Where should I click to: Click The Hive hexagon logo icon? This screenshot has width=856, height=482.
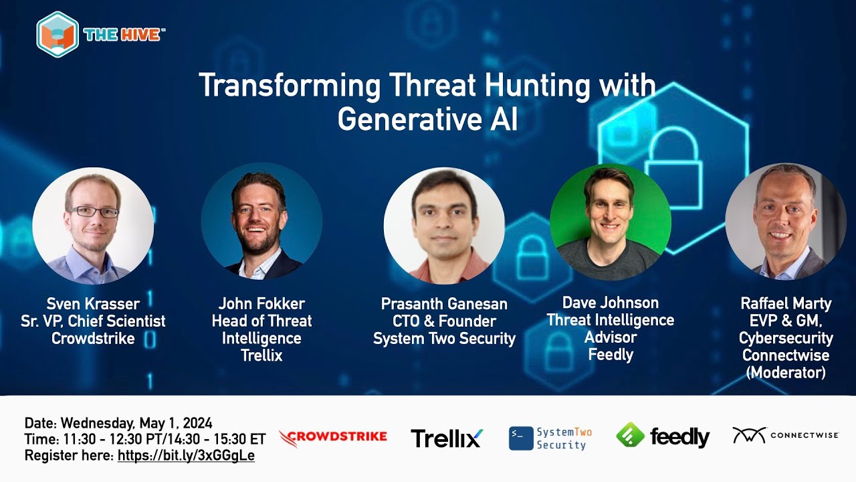pyautogui.click(x=58, y=34)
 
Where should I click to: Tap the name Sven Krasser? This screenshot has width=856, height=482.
pyautogui.click(x=93, y=305)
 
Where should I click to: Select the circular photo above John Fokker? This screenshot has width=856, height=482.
pyautogui.click(x=261, y=222)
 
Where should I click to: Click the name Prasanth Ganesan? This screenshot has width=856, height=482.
pyautogui.click(x=444, y=304)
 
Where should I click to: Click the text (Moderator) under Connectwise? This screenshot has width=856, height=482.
pyautogui.click(x=786, y=373)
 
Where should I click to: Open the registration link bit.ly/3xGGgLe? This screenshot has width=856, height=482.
pyautogui.click(x=186, y=456)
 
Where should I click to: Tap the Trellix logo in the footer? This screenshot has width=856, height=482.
pyautogui.click(x=447, y=438)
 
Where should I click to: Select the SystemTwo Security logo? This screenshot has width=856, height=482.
pyautogui.click(x=550, y=438)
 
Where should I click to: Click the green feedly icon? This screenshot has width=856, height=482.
pyautogui.click(x=630, y=436)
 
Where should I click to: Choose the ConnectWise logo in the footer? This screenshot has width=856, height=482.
pyautogui.click(x=786, y=435)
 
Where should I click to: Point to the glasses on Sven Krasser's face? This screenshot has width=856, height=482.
pyautogui.click(x=94, y=212)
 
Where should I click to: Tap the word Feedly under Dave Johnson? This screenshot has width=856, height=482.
pyautogui.click(x=610, y=355)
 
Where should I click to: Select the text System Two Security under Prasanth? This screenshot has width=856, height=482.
pyautogui.click(x=444, y=339)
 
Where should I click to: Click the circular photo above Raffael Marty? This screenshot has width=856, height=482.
pyautogui.click(x=786, y=222)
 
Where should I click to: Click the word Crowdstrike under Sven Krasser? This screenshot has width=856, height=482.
pyautogui.click(x=93, y=339)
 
